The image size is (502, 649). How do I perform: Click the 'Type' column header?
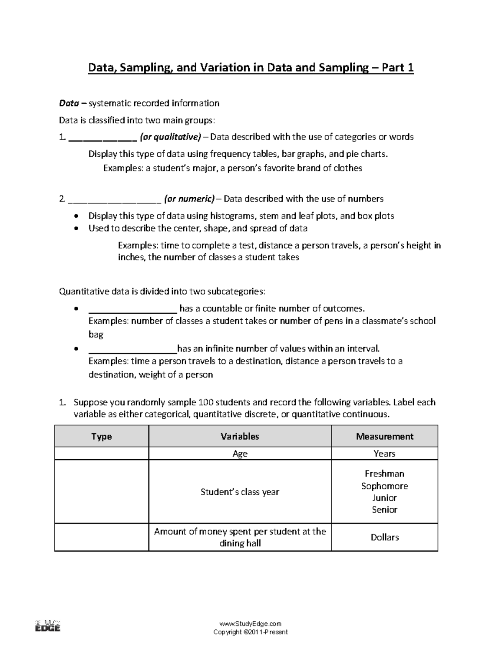pos(101,437)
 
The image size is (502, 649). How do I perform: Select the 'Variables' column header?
pos(240,437)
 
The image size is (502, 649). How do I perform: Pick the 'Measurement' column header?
pos(384,437)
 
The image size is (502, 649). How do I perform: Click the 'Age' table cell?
pos(240,454)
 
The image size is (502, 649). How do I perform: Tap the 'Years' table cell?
pos(384,454)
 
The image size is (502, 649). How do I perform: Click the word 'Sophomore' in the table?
pos(384,486)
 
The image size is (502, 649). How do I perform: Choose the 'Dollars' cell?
pos(384,537)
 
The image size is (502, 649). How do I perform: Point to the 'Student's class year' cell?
pos(240,492)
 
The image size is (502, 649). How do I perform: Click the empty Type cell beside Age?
pos(101,454)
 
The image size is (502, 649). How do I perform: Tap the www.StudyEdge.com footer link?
pos(250,624)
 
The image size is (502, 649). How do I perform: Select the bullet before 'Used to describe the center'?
pos(75,229)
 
